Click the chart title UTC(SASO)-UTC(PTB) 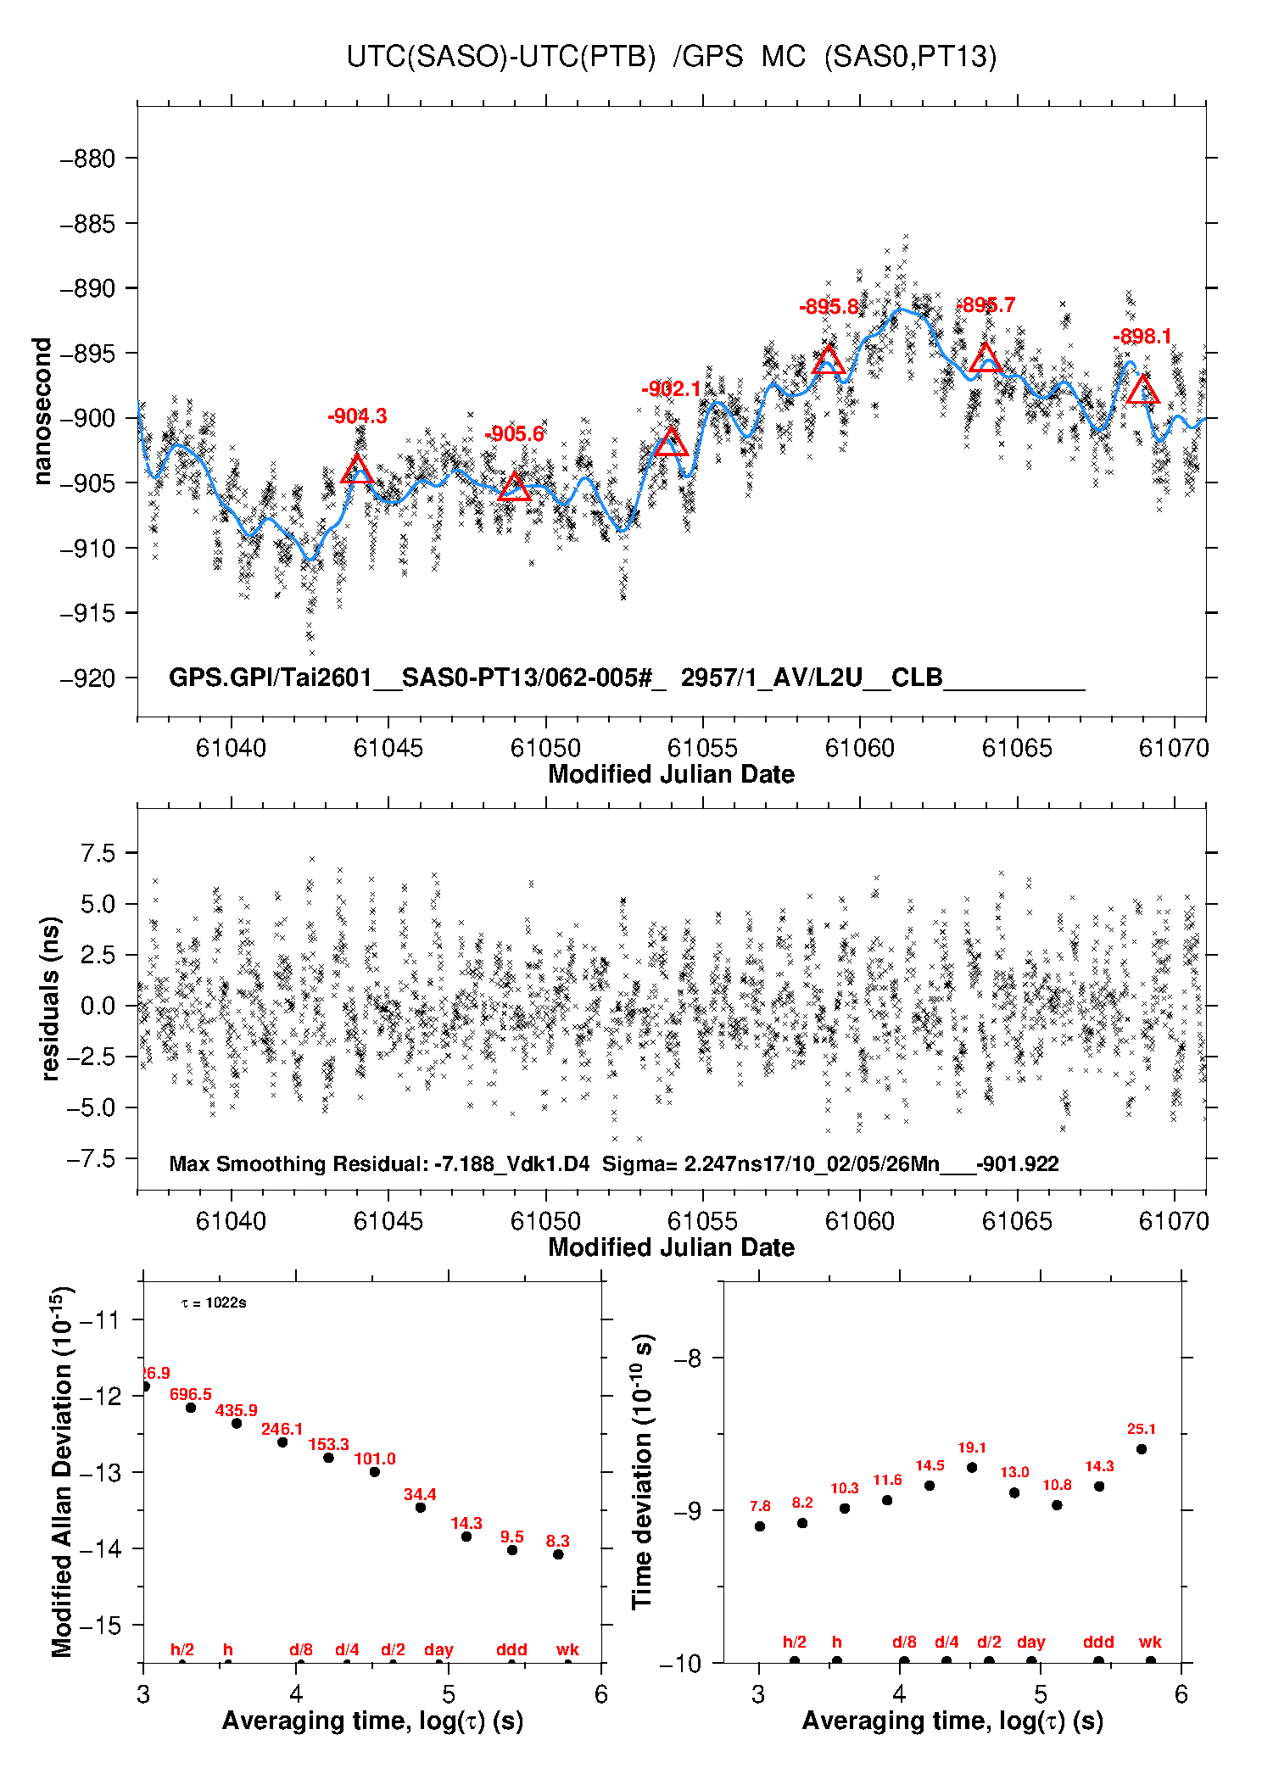pyautogui.click(x=500, y=56)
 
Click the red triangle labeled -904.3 pyautogui.click(x=357, y=469)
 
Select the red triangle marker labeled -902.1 pyautogui.click(x=671, y=442)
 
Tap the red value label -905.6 pyautogui.click(x=514, y=434)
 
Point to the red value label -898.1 pyautogui.click(x=1142, y=337)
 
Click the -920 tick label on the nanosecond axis pyautogui.click(x=87, y=678)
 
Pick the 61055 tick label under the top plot pyautogui.click(x=702, y=748)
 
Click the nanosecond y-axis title pyautogui.click(x=42, y=411)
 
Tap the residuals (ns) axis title pyautogui.click(x=50, y=999)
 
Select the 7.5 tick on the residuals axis pyautogui.click(x=98, y=853)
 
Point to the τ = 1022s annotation pyautogui.click(x=214, y=1302)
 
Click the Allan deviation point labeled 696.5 pyautogui.click(x=191, y=1408)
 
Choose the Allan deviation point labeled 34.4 pyautogui.click(x=420, y=1507)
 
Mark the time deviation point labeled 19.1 pyautogui.click(x=972, y=1467)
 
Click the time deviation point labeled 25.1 pyautogui.click(x=1142, y=1449)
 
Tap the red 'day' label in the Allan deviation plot pyautogui.click(x=438, y=1649)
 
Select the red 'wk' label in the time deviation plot pyautogui.click(x=1150, y=1642)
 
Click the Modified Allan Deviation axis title pyautogui.click(x=62, y=1471)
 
